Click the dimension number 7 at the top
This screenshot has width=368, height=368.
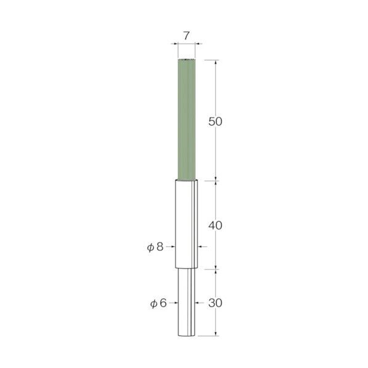tap(186, 36)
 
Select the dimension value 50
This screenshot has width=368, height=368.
tap(215, 122)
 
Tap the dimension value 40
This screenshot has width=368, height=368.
tap(215, 226)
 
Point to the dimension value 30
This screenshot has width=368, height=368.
tap(215, 303)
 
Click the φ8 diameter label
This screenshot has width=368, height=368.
tap(155, 247)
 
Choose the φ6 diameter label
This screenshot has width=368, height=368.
tap(158, 303)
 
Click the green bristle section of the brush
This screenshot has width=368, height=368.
tap(186, 119)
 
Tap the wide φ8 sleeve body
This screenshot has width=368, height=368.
tap(186, 223)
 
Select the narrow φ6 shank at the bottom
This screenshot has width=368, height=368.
tap(186, 302)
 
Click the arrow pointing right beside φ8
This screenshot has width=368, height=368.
tap(170, 246)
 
